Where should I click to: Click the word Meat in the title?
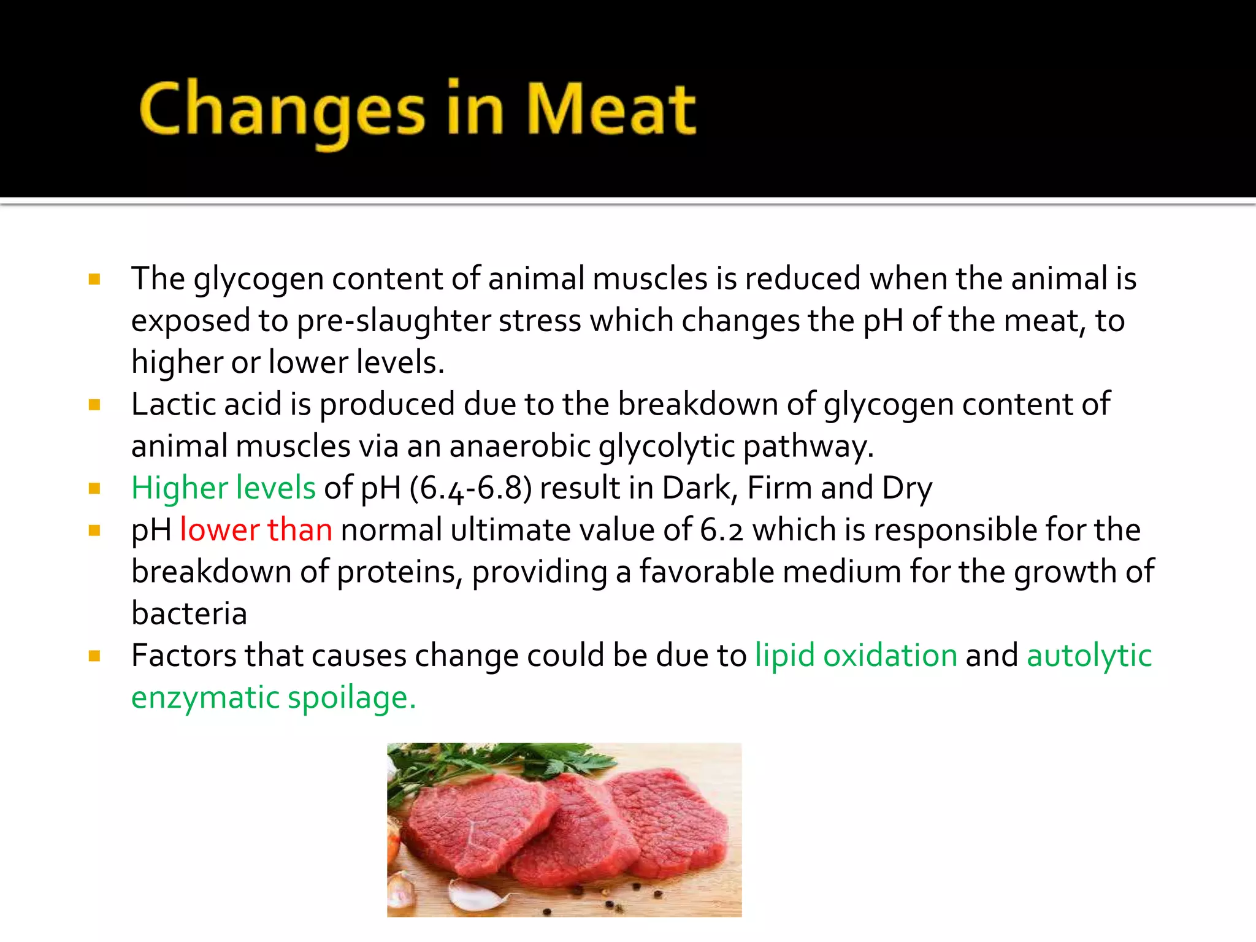point(611,109)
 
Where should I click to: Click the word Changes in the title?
point(281,110)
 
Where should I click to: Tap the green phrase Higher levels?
point(223,488)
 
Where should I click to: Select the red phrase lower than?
point(256,530)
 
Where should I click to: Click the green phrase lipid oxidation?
point(856,656)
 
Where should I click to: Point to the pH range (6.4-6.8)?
point(470,489)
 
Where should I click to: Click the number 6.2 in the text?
point(722,530)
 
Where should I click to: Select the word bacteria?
point(189,614)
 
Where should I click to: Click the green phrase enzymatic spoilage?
point(274,698)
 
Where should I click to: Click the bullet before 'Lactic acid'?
point(94,405)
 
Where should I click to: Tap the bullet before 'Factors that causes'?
point(94,657)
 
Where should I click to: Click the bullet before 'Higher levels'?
point(94,489)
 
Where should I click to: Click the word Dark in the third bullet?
point(697,489)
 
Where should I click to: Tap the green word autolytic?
point(1089,656)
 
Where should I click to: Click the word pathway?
point(808,446)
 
